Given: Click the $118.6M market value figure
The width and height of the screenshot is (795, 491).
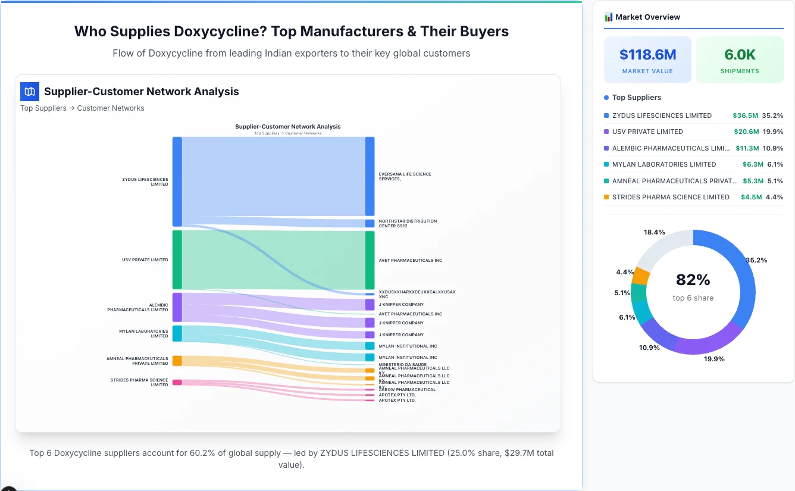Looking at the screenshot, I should pos(647,55).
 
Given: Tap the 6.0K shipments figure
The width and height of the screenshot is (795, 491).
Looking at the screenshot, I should pos(740,55).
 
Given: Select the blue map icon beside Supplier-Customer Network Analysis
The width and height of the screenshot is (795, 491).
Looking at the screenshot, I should pos(30,92).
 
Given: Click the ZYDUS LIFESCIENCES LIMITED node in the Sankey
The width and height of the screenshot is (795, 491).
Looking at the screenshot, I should pos(177,182).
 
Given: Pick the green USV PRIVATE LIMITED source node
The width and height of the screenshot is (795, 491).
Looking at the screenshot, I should pos(177,259).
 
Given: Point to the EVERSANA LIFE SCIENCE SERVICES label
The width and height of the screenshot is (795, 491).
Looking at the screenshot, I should pos(405,177).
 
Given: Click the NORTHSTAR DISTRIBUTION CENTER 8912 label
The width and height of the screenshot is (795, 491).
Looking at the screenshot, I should pos(408,223).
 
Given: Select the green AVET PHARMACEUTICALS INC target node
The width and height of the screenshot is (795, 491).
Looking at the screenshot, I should pos(370,260).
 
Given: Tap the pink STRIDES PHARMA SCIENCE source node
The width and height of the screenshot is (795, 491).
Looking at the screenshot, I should pos(177,382).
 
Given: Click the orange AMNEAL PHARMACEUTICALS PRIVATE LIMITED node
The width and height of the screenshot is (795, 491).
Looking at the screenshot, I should pos(177,361).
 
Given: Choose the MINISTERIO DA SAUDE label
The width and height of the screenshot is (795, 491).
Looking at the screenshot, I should pos(403,364).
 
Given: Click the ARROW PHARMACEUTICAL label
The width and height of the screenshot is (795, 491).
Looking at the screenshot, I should pos(407,389).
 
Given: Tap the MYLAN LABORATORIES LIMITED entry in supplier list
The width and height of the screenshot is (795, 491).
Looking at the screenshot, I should pos(663,164).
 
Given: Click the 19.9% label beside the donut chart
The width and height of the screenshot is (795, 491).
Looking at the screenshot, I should pos(714,359).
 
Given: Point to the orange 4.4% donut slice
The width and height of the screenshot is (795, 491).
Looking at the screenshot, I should pos(640,276).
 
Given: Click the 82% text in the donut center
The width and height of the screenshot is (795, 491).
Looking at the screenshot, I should pos(693,280).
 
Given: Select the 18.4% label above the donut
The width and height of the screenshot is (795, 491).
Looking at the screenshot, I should pos(654,232).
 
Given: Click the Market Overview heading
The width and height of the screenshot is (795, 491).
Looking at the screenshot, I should pos(647,17).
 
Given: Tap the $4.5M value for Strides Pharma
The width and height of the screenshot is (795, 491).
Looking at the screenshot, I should pos(751,197).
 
